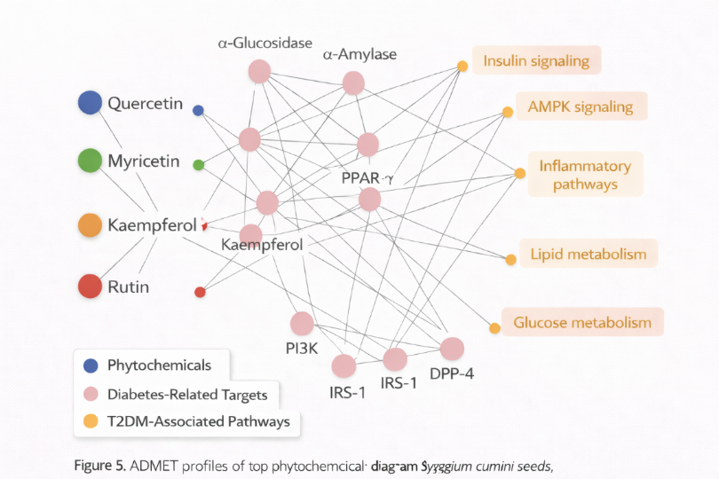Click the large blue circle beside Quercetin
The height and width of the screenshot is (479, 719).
pos(90,103)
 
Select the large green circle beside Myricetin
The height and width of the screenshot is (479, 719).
pos(90,161)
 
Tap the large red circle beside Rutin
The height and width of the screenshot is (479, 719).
pos(90,287)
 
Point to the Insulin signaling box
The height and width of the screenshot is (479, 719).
pos(536,61)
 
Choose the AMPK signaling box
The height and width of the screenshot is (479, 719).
pos(581,106)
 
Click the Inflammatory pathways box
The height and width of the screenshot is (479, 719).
pos(585,175)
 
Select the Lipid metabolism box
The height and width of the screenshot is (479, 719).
pos(589,254)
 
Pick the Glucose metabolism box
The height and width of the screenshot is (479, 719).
pos(582,322)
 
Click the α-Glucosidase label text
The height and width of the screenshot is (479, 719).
pos(257,43)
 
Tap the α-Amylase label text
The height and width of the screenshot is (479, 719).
pos(359,55)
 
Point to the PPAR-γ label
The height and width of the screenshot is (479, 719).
pos(367,178)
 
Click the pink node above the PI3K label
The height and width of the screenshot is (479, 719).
pos(302,324)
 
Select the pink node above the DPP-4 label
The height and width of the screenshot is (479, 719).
pos(452,349)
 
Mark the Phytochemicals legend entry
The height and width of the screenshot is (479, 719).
pos(159,365)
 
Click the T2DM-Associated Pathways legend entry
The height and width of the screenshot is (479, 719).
pos(198,421)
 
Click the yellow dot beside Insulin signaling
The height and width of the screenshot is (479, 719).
pos(462,66)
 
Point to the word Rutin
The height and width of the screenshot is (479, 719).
pos(129,287)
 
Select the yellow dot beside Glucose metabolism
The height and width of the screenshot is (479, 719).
pos(494,328)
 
